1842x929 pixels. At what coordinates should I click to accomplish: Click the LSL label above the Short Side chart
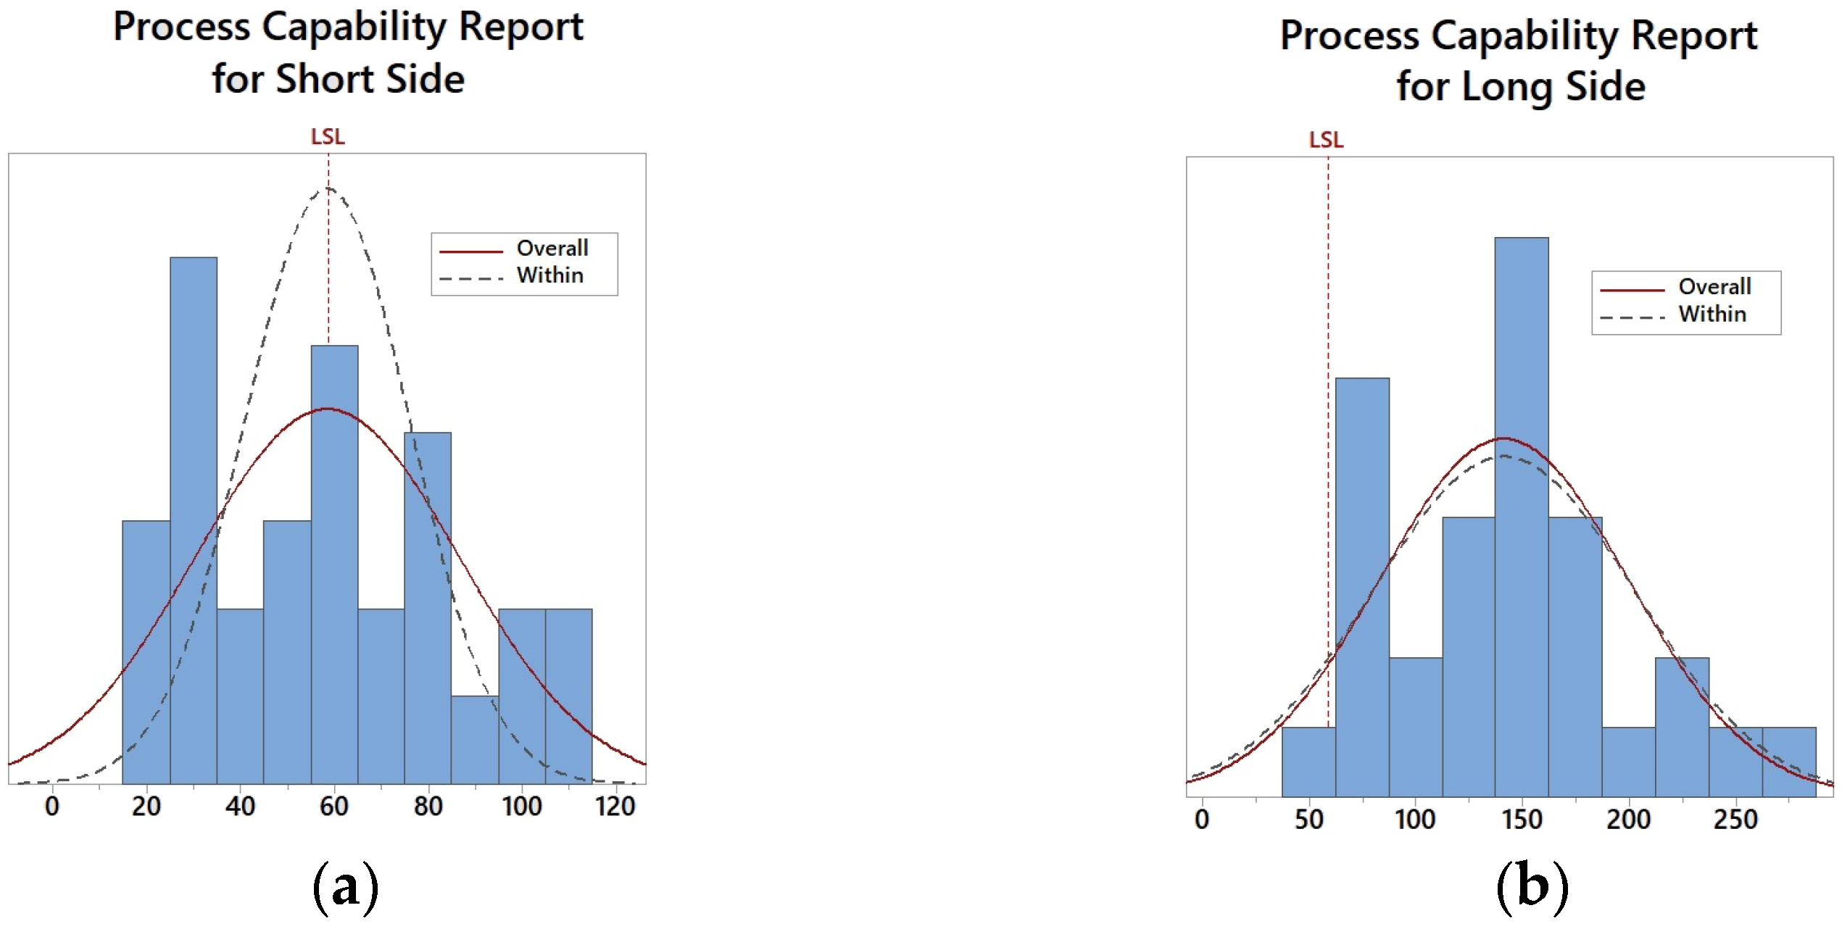(x=328, y=136)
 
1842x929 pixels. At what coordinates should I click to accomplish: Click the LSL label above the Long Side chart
(x=1326, y=139)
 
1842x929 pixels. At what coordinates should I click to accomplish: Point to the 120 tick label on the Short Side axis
(x=615, y=807)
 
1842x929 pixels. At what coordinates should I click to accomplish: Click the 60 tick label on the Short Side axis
(x=333, y=807)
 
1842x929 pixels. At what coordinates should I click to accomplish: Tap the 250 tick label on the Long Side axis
(x=1735, y=820)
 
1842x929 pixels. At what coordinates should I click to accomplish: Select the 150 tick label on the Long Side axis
(x=1522, y=820)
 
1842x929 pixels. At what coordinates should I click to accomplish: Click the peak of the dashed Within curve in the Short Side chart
(x=328, y=188)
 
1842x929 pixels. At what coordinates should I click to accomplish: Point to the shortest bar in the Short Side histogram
(x=474, y=739)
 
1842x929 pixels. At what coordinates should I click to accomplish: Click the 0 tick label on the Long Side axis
(x=1202, y=820)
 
